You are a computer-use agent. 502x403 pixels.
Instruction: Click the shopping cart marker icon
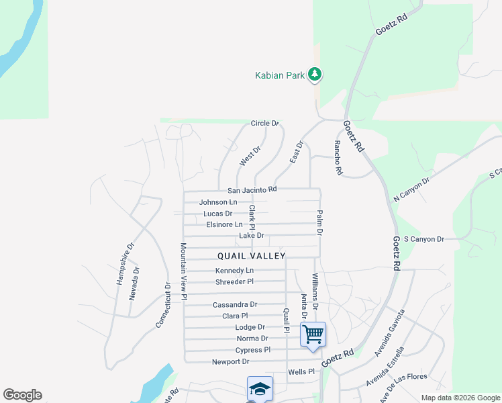313,334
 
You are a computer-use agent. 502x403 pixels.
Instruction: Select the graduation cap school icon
260,389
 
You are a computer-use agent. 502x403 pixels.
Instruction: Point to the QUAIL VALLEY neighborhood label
252,256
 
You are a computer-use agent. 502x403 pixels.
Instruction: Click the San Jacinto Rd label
252,190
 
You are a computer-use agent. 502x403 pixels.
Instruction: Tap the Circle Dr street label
264,124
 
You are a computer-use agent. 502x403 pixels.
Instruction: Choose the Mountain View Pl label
183,271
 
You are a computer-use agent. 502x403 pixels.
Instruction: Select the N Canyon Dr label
411,189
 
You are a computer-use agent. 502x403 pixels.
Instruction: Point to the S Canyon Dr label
424,239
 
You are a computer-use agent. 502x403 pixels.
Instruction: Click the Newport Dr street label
230,361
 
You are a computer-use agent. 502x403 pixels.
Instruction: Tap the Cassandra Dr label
235,305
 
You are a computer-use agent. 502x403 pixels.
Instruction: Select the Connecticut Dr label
164,304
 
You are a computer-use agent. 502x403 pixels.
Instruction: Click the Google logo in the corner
22,395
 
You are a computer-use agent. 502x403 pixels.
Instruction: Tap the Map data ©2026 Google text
460,398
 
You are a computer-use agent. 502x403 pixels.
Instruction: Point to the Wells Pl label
301,371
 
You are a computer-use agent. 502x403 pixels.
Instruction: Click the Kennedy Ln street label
234,271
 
